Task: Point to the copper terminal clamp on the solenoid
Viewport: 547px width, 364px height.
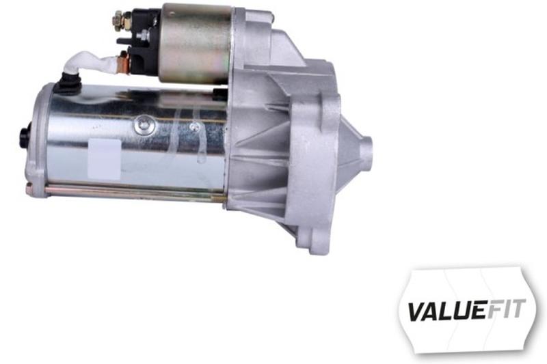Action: coord(123,62)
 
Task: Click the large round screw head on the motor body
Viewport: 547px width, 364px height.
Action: coord(145,125)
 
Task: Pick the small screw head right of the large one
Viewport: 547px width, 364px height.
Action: coord(195,127)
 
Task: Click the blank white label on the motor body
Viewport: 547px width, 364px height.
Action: coord(104,159)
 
